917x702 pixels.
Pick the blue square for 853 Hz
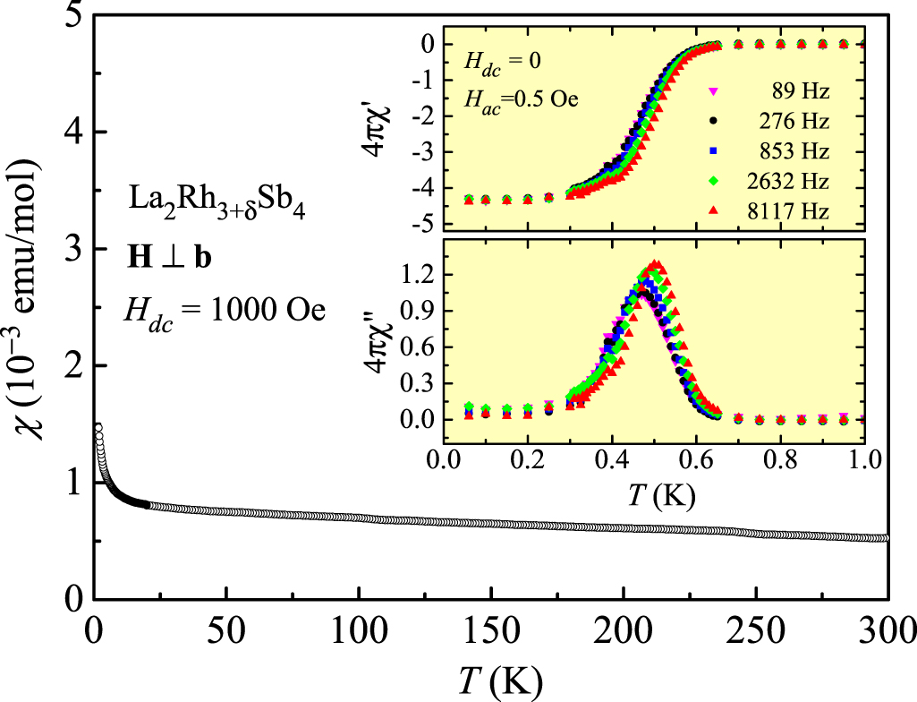(x=714, y=151)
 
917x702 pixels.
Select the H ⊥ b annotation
(x=168, y=256)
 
